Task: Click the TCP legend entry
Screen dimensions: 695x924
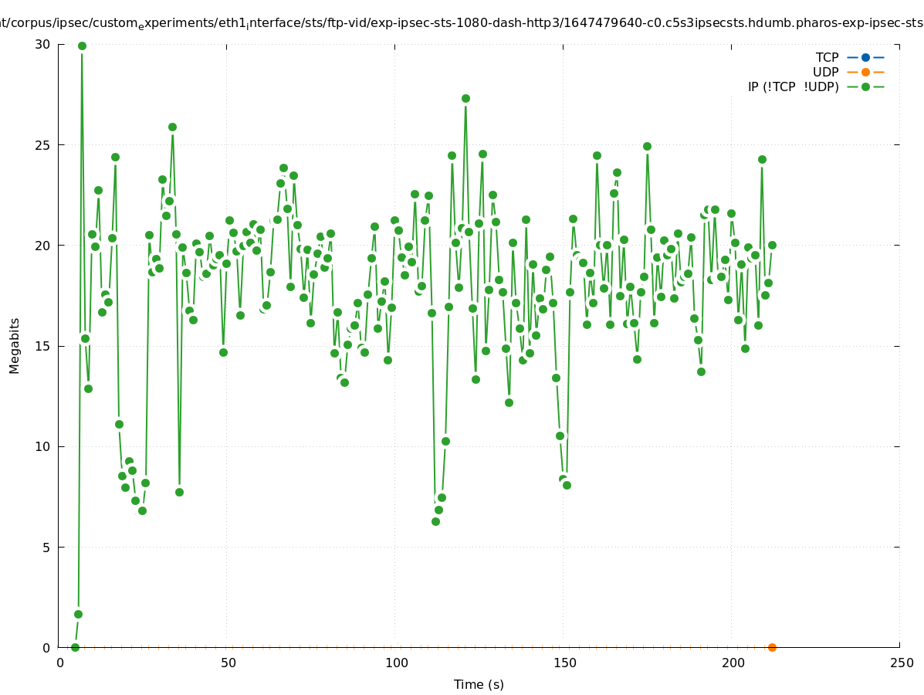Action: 826,57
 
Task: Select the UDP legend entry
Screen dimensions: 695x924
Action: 825,72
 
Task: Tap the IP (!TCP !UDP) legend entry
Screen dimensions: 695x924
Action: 793,86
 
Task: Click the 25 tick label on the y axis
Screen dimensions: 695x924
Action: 43,145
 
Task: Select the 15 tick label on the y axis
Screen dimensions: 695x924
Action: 43,346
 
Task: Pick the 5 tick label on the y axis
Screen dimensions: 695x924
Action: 46,548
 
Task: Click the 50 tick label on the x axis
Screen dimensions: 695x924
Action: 228,663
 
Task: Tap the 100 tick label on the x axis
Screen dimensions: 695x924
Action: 395,663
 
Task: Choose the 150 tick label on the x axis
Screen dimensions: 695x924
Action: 564,663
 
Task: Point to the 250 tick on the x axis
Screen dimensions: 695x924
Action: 899,663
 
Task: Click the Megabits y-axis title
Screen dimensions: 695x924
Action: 15,345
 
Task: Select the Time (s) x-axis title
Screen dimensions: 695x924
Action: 479,684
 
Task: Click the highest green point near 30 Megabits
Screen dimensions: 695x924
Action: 82,46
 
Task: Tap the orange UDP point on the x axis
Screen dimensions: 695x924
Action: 772,647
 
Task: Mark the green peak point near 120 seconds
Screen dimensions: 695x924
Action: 465,98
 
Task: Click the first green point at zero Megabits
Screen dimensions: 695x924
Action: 75,647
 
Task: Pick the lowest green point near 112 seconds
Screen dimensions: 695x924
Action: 435,521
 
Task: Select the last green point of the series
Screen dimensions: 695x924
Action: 772,245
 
